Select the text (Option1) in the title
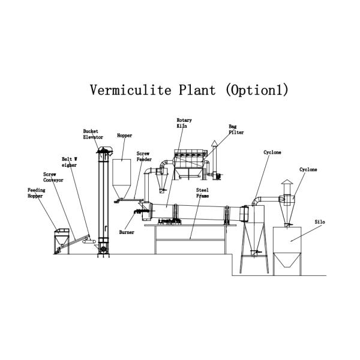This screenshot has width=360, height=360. [257, 91]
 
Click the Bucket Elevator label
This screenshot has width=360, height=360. [93, 134]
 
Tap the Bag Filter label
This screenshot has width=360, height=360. [232, 129]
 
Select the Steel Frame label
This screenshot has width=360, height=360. [202, 193]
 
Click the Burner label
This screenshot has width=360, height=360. [127, 232]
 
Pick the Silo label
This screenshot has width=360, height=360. [319, 222]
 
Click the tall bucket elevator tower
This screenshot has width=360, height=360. [104, 198]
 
